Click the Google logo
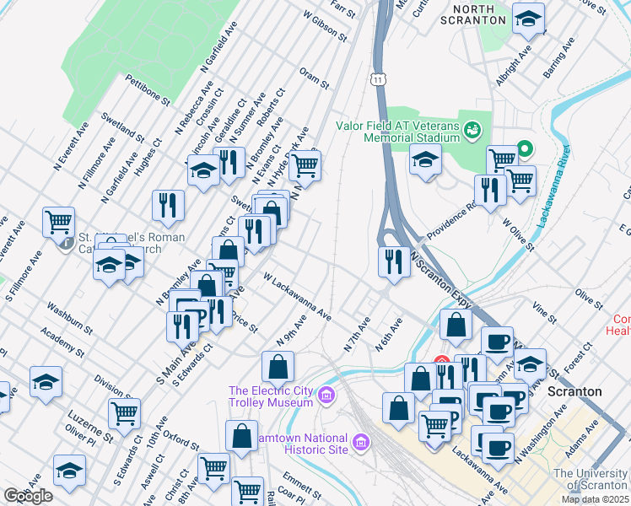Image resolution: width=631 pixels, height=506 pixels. click(x=28, y=496)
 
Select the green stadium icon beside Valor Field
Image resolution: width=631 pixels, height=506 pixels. click(x=472, y=130)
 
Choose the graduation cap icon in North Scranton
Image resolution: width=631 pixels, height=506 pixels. click(x=528, y=19)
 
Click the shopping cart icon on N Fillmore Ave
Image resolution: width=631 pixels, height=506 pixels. click(x=58, y=223)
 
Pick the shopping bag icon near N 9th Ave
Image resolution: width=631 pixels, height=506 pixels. click(x=278, y=367)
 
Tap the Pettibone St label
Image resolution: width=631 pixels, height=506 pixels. click(x=148, y=89)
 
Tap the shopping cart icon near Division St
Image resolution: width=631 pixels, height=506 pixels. click(x=124, y=413)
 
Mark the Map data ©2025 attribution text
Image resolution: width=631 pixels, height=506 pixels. click(x=594, y=499)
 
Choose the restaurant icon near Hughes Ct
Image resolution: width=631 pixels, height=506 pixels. click(x=168, y=205)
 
